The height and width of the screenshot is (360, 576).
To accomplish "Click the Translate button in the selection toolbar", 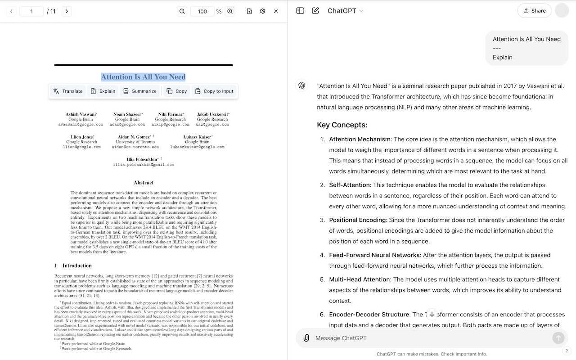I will [68, 91].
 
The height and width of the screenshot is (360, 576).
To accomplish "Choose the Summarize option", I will [139, 91].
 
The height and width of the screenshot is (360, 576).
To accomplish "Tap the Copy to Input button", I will [214, 91].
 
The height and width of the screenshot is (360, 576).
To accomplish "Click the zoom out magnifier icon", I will [182, 11].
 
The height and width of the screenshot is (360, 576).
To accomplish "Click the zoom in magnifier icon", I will [230, 11].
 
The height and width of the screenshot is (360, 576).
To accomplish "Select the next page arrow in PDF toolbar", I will [67, 11].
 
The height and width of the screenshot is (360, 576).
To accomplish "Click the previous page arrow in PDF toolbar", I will [11, 11].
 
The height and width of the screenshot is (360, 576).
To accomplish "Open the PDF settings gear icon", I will [263, 11].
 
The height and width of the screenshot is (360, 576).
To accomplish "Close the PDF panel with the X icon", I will [276, 11].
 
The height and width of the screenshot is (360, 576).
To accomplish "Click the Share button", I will [534, 11].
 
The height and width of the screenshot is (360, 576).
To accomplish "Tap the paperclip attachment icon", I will [306, 338].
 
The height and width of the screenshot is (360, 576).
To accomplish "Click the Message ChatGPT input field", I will [427, 338].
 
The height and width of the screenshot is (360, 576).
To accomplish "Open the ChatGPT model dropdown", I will [345, 11].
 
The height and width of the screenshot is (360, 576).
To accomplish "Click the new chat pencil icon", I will [315, 11].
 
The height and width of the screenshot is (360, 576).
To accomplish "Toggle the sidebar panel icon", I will [300, 11].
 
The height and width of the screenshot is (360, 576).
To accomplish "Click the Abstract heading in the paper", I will [144, 183].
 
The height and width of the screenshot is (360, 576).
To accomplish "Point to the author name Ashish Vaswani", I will [81, 114].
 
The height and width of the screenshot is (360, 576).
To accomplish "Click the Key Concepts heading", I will [342, 125].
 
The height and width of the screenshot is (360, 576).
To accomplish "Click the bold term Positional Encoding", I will [357, 220].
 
